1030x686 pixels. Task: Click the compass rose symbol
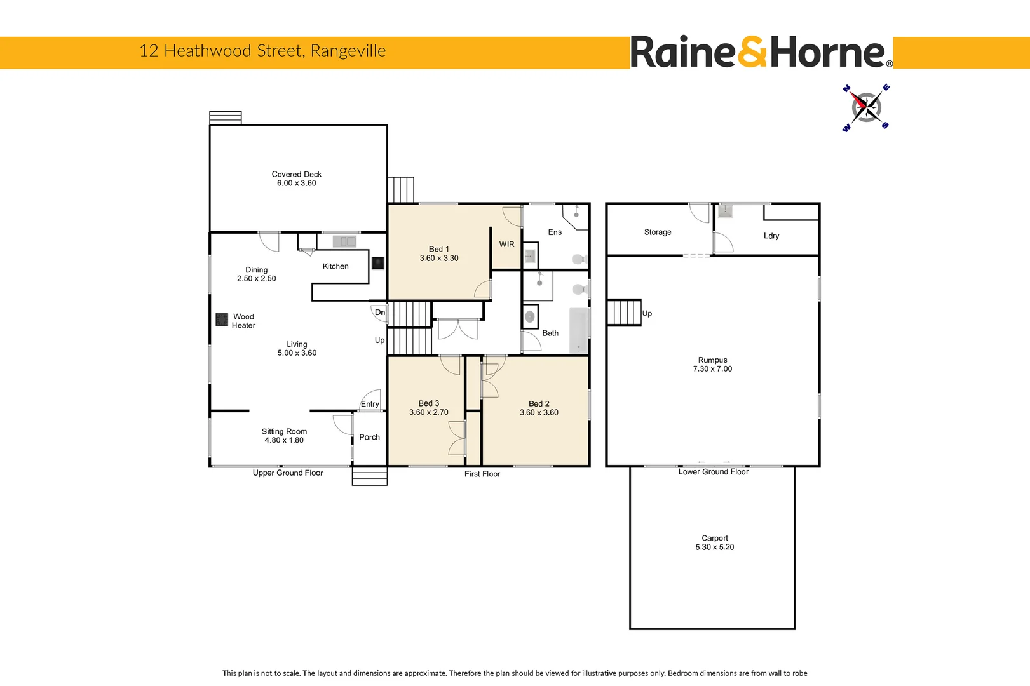(x=865, y=107)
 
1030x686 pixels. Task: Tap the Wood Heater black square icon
(x=222, y=319)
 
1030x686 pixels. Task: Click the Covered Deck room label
(x=296, y=174)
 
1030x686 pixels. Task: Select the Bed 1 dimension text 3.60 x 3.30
(x=438, y=259)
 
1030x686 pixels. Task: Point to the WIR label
(x=506, y=245)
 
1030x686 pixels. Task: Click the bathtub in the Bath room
(x=578, y=330)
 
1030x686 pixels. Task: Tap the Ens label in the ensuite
(x=555, y=232)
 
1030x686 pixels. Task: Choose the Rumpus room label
(x=712, y=360)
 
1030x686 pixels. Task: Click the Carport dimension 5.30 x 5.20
(x=714, y=548)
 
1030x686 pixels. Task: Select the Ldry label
(x=771, y=236)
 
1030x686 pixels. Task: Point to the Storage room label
(x=658, y=232)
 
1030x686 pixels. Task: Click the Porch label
(x=369, y=438)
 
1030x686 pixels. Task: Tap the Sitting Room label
(x=284, y=432)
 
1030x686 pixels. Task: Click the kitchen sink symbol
(x=344, y=241)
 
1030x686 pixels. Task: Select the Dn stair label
(x=379, y=313)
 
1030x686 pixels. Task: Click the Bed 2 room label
(x=538, y=404)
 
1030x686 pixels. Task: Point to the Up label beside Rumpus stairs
(x=647, y=314)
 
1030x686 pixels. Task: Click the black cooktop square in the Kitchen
(x=377, y=262)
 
